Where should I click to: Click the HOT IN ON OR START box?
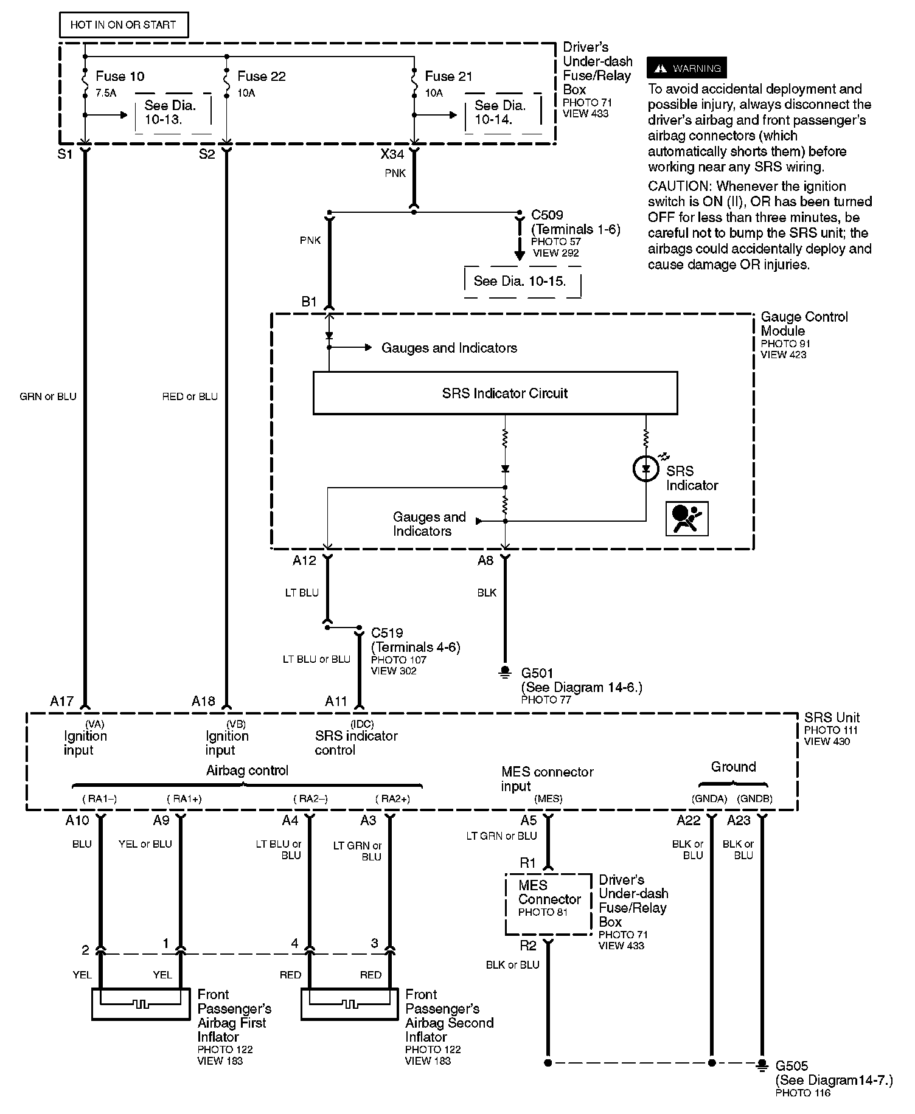pos(124,25)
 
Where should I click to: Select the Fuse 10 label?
pos(120,76)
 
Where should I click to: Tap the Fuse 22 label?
pos(261,76)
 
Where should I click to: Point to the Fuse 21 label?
pos(448,76)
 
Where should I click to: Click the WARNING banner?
pos(687,68)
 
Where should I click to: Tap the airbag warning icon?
pos(687,519)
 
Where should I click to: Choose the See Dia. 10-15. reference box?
pos(520,281)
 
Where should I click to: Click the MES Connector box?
pos(549,904)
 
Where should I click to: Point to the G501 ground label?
pos(537,673)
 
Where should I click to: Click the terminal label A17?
pos(61,701)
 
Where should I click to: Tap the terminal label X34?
pos(392,154)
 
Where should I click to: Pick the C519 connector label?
pos(387,633)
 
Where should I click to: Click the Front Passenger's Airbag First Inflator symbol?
pos(141,1004)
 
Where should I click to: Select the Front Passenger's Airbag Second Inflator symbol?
pos(349,1004)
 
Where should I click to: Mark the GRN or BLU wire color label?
pos(48,396)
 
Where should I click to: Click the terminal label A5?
pos(529,820)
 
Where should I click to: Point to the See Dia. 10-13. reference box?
pos(171,112)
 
